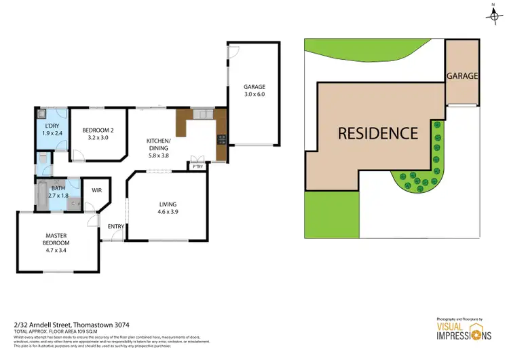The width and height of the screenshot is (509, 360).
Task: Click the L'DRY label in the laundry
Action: (52, 127)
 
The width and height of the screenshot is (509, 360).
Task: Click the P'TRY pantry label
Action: (198, 166)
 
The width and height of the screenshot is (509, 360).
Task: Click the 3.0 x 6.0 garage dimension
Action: (255, 95)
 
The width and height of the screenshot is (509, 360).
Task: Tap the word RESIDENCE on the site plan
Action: (378, 133)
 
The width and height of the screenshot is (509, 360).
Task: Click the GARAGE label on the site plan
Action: (462, 76)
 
